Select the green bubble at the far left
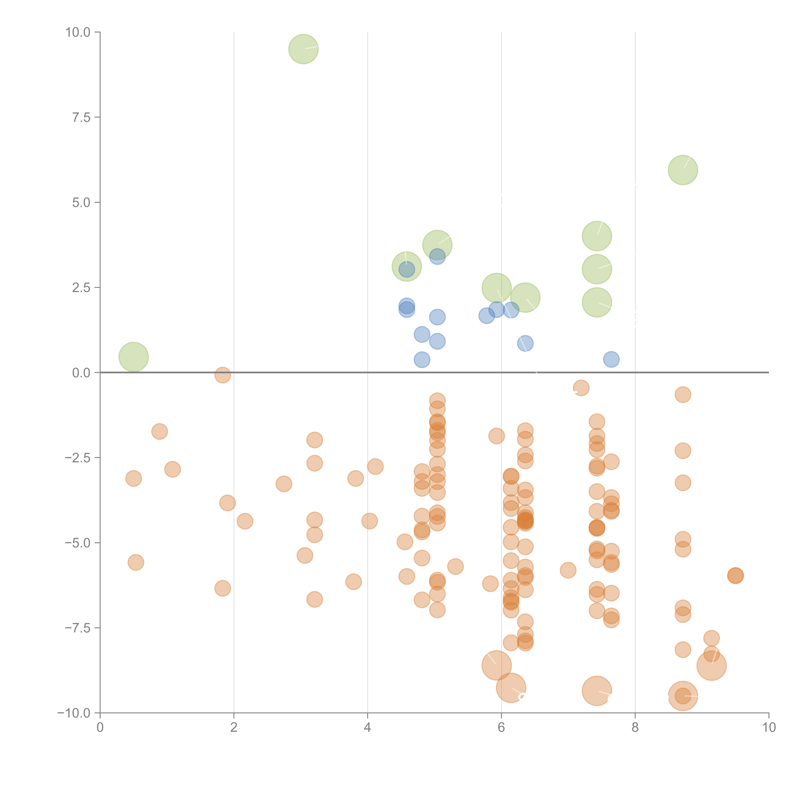pos(133,357)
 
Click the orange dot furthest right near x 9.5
pos(735,575)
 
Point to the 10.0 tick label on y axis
pos(78,32)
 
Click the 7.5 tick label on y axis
pos(81,117)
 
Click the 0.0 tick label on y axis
pos(81,373)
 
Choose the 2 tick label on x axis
pos(234,727)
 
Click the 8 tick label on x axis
pos(635,727)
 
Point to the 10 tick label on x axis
pos(769,727)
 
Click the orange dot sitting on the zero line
pos(223,375)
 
